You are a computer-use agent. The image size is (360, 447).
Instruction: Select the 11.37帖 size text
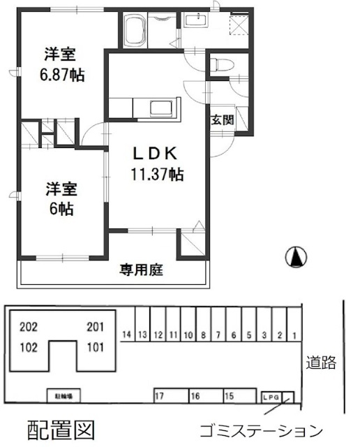click(x=157, y=175)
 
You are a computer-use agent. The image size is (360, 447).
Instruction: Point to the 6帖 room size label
click(x=61, y=209)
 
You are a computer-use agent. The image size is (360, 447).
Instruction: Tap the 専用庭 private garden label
click(x=141, y=269)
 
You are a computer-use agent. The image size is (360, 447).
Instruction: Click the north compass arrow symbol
click(x=297, y=258)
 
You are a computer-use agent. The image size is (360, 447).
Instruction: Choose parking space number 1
click(x=294, y=335)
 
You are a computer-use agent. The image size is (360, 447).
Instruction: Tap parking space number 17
click(x=160, y=396)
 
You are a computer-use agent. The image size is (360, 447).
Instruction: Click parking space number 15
click(x=229, y=396)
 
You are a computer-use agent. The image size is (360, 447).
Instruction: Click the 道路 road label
click(x=322, y=362)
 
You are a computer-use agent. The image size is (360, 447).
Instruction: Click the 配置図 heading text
click(x=60, y=429)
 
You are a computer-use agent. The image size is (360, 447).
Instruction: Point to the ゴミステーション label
click(x=260, y=430)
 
